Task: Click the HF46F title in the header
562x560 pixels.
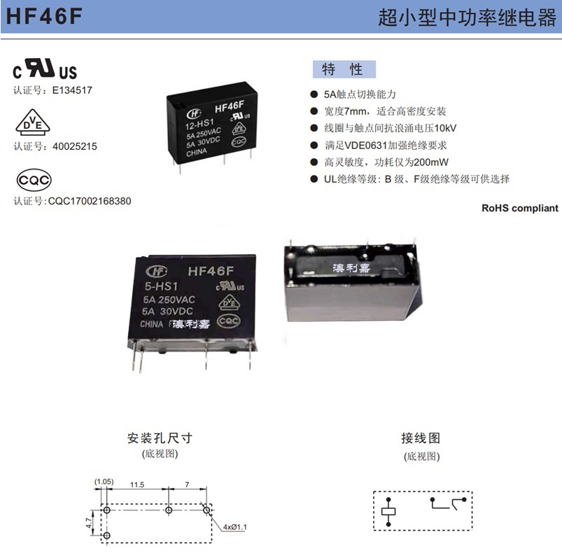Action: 43,17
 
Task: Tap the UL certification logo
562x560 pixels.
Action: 45,69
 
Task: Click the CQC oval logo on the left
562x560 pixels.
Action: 34,180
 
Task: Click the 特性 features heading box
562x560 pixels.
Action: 343,69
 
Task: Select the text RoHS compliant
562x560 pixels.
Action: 520,208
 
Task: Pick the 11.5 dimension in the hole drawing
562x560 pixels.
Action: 136,484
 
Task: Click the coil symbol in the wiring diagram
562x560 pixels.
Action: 388,512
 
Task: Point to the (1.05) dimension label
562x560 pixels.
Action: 104,482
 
